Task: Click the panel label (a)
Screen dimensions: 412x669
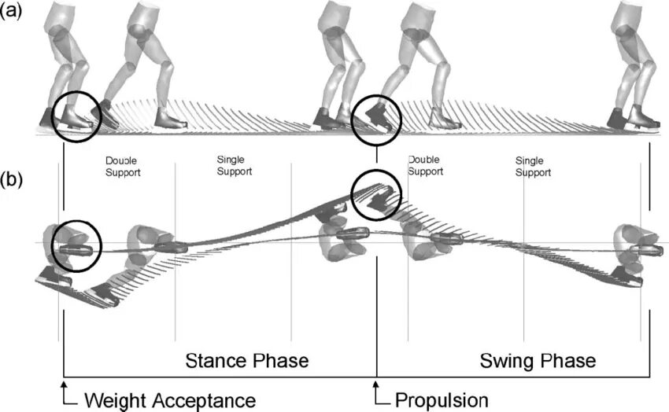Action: coord(10,13)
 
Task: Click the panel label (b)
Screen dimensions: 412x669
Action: coord(10,178)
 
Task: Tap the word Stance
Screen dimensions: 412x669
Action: coord(217,361)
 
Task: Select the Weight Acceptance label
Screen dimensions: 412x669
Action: coord(169,399)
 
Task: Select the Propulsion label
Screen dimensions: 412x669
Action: coord(442,399)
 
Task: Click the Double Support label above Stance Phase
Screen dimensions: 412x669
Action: coord(122,167)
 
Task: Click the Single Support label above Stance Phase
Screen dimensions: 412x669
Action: coord(235,165)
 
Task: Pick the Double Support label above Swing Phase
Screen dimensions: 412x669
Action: coord(425,164)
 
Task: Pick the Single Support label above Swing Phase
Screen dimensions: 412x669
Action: coord(533,167)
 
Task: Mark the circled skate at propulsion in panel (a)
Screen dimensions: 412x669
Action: coord(376,120)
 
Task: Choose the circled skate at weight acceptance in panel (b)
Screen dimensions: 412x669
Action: coord(76,246)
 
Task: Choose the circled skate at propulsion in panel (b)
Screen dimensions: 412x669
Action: coord(376,193)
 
